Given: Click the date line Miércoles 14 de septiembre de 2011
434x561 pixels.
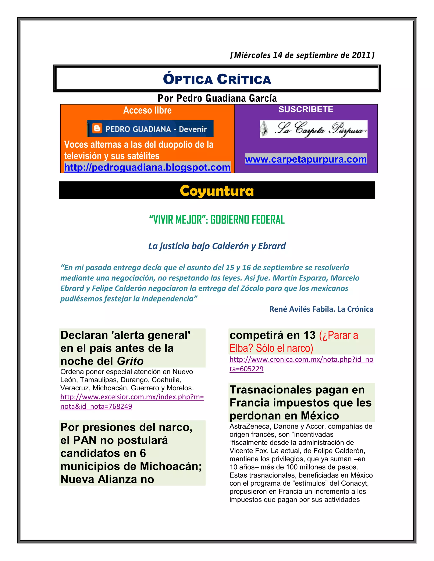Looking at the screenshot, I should [x=302, y=55].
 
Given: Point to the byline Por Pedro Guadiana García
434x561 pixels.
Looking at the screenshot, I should [x=217, y=98].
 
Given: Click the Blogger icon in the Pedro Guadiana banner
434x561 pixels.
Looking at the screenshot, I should [x=97, y=128].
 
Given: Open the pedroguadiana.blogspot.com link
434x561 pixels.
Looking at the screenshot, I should [x=147, y=167].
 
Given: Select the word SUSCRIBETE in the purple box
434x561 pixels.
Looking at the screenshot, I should [x=306, y=109].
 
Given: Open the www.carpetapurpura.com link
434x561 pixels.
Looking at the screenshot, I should [x=306, y=159].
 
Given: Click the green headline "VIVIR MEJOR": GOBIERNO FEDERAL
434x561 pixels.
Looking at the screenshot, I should [x=217, y=220].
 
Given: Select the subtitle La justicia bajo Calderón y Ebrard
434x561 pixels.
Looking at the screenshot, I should [x=217, y=246].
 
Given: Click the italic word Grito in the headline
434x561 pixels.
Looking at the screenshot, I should [x=130, y=361].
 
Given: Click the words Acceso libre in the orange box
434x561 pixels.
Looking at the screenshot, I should [x=147, y=110].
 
